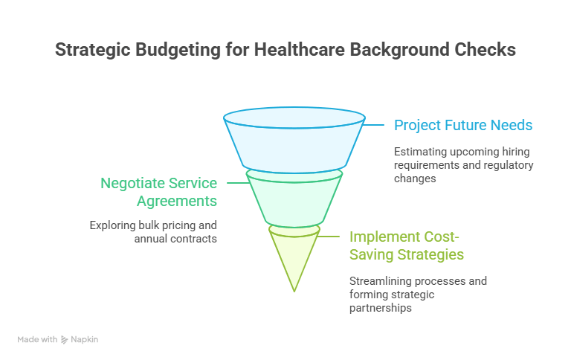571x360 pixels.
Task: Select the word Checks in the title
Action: tap(483, 51)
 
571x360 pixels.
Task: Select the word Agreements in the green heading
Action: tap(179, 201)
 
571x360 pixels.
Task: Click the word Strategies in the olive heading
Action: tap(430, 254)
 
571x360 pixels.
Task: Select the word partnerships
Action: tap(380, 308)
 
